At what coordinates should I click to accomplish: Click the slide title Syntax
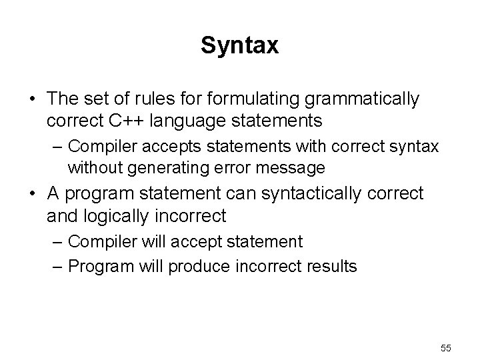pyautogui.click(x=239, y=46)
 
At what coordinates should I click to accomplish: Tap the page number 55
pyautogui.click(x=446, y=348)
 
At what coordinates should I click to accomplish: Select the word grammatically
pyautogui.click(x=361, y=99)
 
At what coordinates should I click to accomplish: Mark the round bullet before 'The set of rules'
pyautogui.click(x=32, y=100)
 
